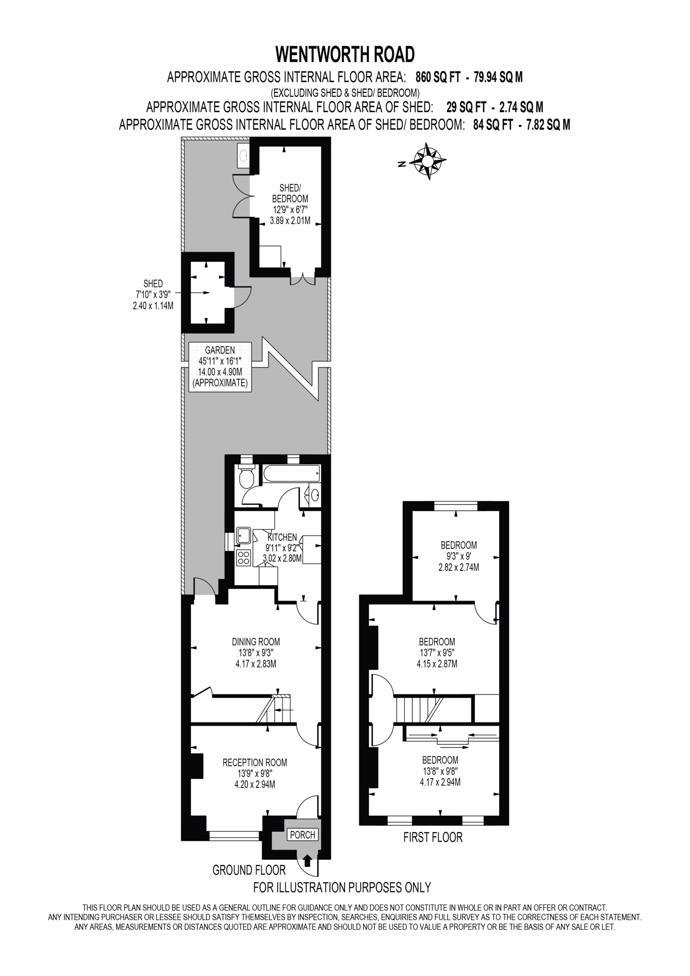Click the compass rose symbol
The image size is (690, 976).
[428, 161]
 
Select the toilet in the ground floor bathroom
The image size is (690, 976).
[247, 477]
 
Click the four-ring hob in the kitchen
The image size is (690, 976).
[244, 558]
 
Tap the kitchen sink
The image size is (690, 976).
[244, 535]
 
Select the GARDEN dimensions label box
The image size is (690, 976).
[220, 367]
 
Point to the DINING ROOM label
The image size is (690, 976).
[256, 642]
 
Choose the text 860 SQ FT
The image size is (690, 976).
[438, 77]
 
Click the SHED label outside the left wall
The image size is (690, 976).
[153, 284]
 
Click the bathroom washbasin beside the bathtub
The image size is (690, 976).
[315, 495]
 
